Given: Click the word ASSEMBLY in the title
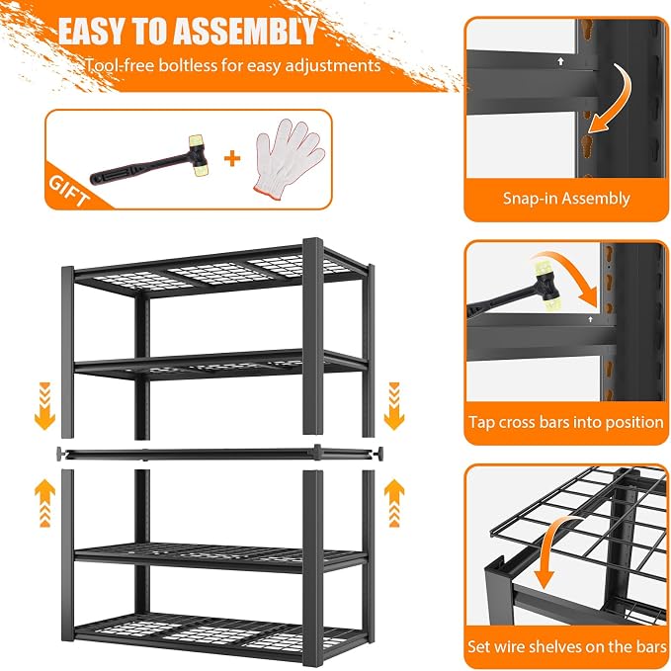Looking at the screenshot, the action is [x=245, y=32].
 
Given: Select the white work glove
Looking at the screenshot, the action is [x=288, y=158].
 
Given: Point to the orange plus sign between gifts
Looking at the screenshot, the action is [x=232, y=159].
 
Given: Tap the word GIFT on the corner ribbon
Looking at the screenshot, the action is [x=69, y=191].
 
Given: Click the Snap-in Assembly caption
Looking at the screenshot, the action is [x=566, y=199].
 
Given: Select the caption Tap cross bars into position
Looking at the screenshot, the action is [x=566, y=422].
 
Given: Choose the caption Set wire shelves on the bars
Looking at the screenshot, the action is [x=566, y=646].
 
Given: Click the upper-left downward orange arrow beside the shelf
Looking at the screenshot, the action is [x=44, y=406].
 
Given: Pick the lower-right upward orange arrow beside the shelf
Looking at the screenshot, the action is [x=394, y=503].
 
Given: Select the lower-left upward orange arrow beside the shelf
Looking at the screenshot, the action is [x=44, y=503].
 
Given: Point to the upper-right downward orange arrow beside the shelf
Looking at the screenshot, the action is [x=394, y=406].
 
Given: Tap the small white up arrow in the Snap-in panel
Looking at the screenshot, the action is [x=560, y=61].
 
